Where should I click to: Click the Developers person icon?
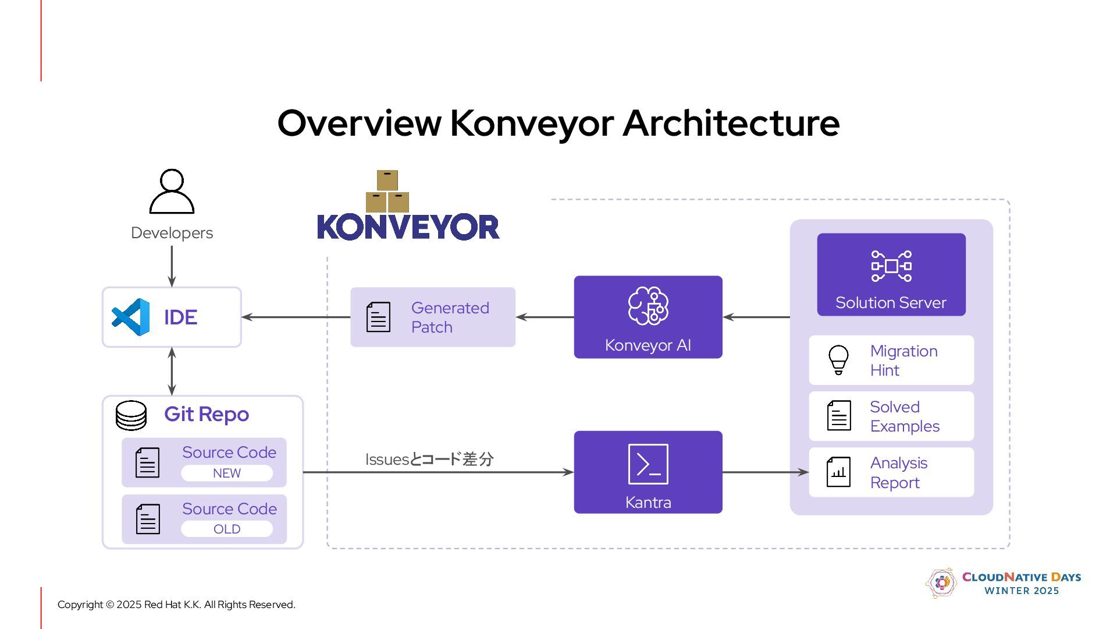pyautogui.click(x=172, y=192)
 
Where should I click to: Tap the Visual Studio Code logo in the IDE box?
pyautogui.click(x=131, y=317)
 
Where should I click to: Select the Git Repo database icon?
pyautogui.click(x=131, y=415)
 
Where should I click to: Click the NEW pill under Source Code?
pyautogui.click(x=227, y=473)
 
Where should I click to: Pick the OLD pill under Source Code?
pyautogui.click(x=227, y=529)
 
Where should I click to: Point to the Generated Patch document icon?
pyautogui.click(x=378, y=317)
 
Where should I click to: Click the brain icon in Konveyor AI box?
pyautogui.click(x=648, y=305)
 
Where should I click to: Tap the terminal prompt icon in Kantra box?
pyautogui.click(x=648, y=464)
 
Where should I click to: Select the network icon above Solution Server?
pyautogui.click(x=891, y=266)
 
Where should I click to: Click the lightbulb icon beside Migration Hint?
pyautogui.click(x=838, y=360)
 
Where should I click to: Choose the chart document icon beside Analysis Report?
pyautogui.click(x=838, y=472)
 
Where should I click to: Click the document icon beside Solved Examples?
pyautogui.click(x=838, y=415)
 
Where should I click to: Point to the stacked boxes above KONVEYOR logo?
pyautogui.click(x=387, y=192)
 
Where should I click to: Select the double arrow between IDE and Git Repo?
pyautogui.click(x=172, y=371)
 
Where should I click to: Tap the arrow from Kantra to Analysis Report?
pyautogui.click(x=765, y=472)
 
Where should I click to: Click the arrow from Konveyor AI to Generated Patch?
pyautogui.click(x=545, y=317)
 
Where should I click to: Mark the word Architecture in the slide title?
pyautogui.click(x=731, y=123)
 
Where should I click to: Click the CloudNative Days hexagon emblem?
pyautogui.click(x=941, y=582)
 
